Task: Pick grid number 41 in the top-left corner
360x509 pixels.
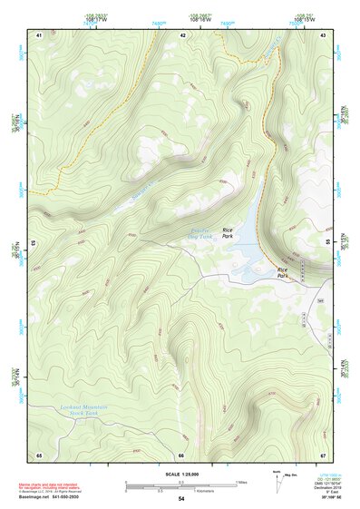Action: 39,34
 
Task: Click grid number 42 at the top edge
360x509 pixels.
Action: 182,34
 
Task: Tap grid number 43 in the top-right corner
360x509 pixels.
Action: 323,34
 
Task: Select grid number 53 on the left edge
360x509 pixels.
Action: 34,243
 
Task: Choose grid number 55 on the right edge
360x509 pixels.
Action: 327,243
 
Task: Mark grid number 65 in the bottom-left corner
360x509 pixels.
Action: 39,455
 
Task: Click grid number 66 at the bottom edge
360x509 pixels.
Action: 181,455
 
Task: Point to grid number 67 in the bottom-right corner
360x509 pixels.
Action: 323,455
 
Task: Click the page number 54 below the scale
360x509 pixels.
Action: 181,499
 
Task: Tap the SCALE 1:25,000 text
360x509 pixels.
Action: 181,475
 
